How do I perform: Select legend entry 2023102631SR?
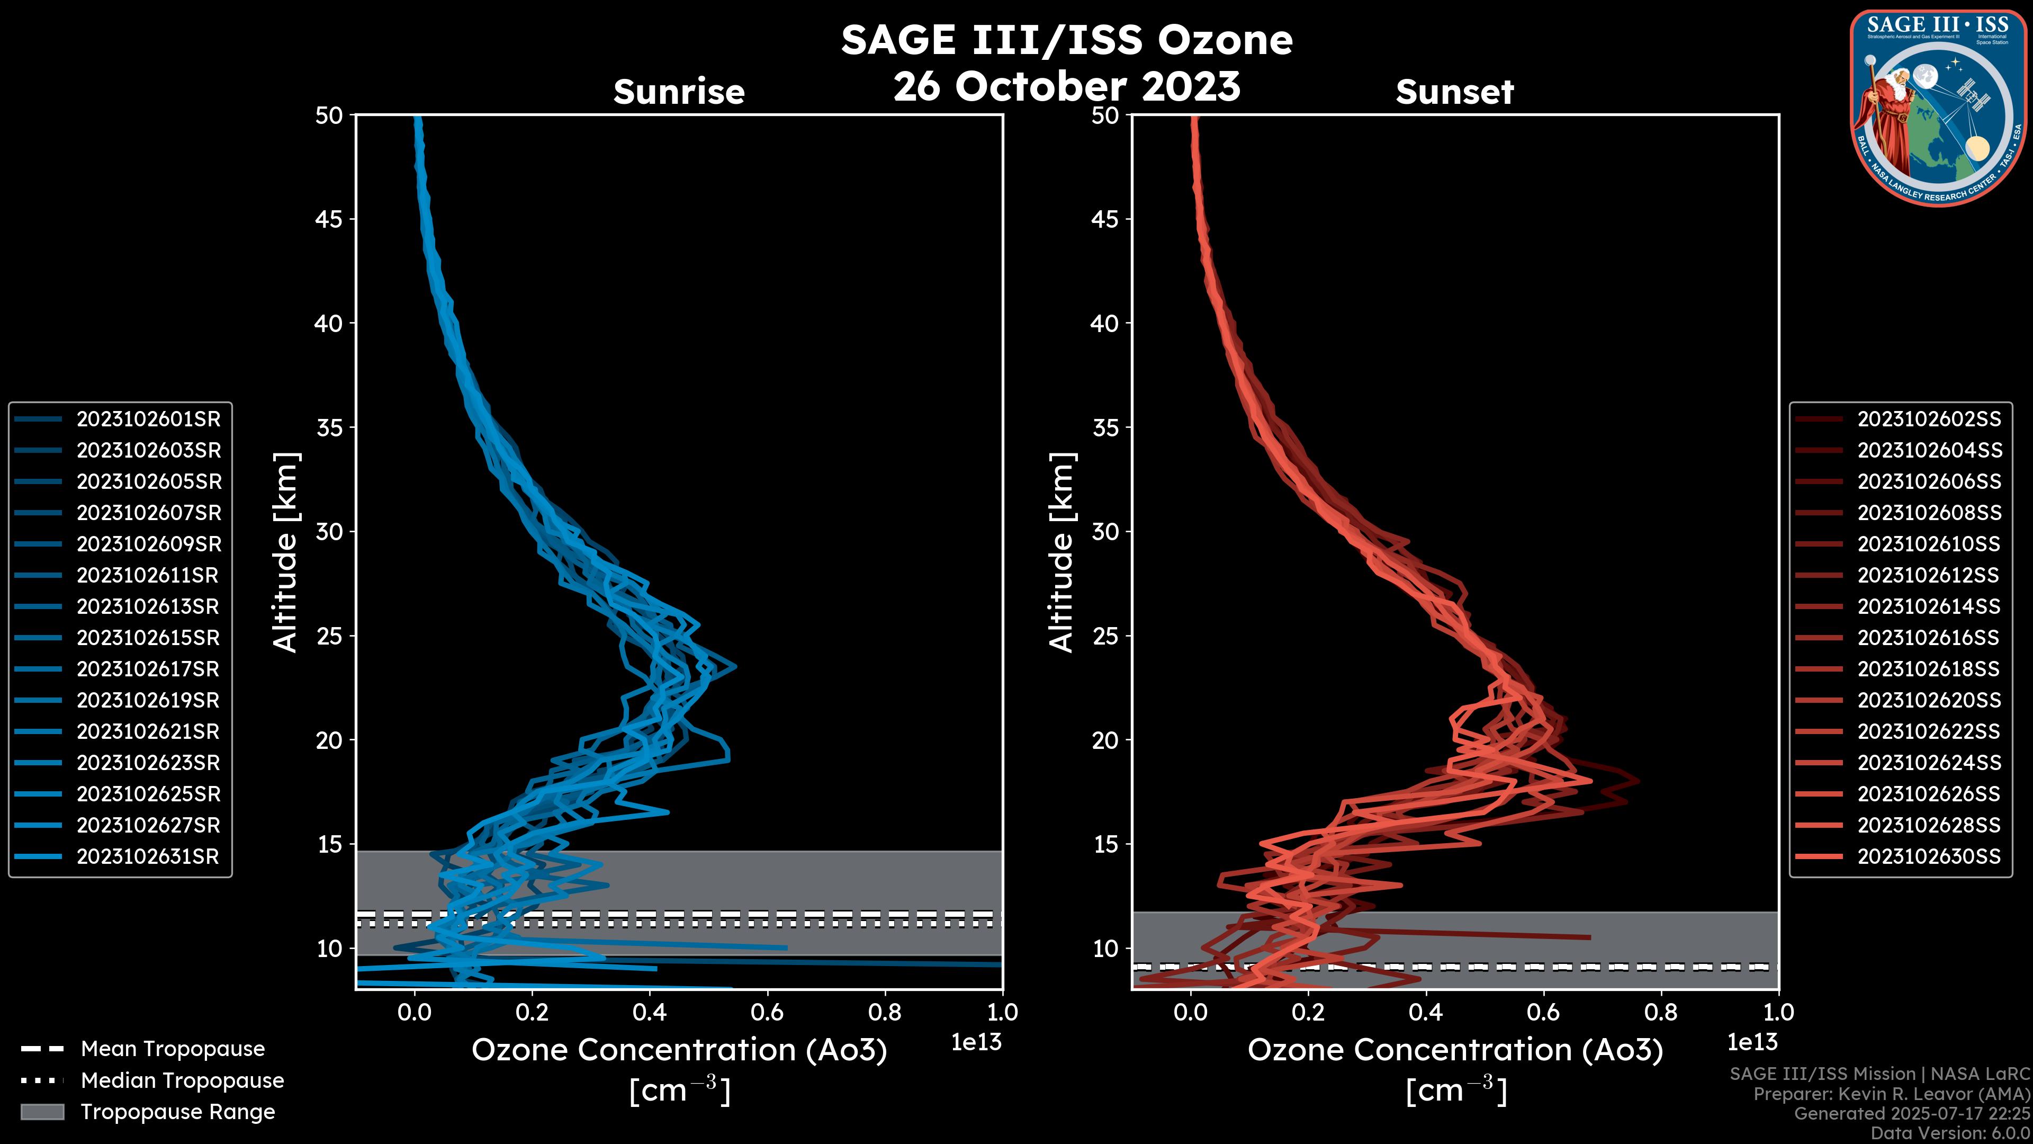pos(148,856)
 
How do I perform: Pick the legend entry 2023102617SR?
pos(148,669)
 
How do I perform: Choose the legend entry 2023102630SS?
pos(1929,856)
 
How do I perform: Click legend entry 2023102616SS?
pos(1929,638)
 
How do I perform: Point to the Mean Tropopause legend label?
pos(173,1049)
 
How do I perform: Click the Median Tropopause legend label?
pos(182,1080)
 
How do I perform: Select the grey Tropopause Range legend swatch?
pos(42,1112)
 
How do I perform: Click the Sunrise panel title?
pos(679,92)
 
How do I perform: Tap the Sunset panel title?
pos(1454,92)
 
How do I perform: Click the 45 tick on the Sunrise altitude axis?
pos(329,219)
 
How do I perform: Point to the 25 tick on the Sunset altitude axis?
pos(1105,636)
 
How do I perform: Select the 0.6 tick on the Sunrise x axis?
pos(766,1012)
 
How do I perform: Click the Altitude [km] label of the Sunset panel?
pos(1062,552)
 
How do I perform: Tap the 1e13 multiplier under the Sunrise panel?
pos(976,1042)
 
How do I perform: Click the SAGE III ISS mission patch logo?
pos(1938,108)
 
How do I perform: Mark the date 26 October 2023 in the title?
pos(1066,86)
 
